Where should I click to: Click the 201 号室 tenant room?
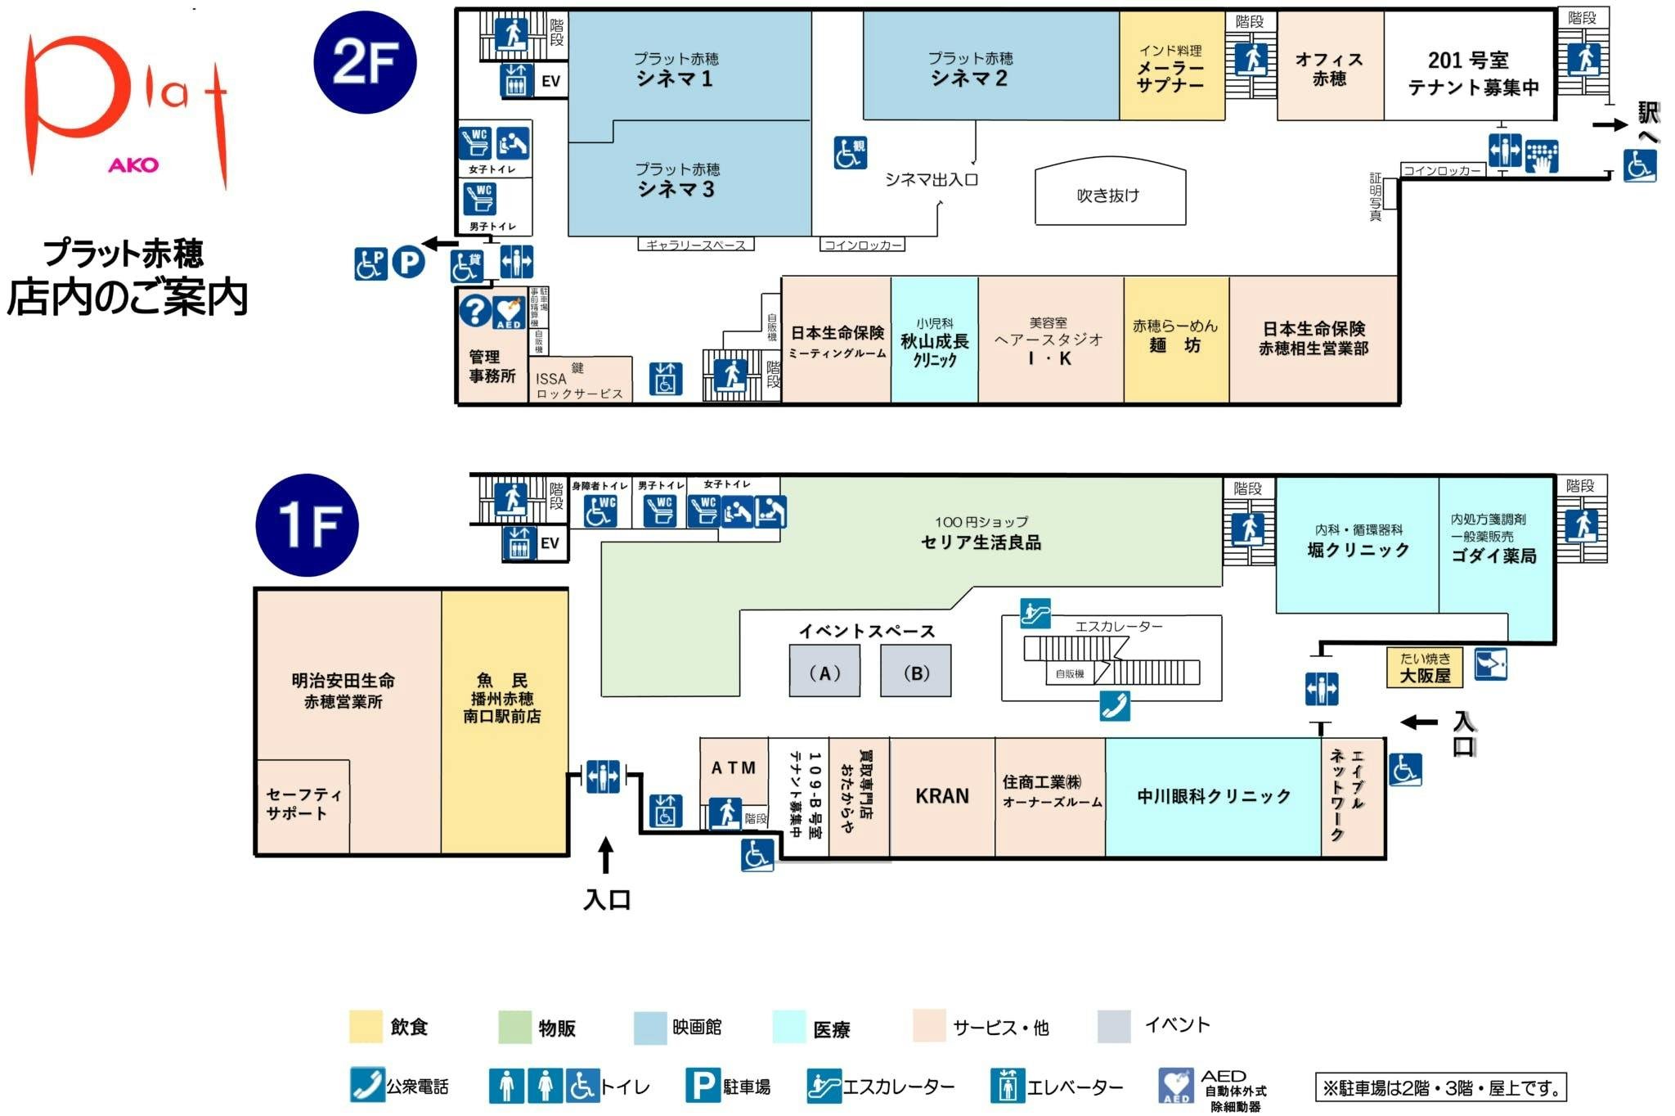[x=1469, y=72]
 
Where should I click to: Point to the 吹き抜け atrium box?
[x=1110, y=195]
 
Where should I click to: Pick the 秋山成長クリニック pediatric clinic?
[x=934, y=341]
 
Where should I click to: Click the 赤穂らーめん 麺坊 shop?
[x=1175, y=336]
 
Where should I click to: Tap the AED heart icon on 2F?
[x=509, y=313]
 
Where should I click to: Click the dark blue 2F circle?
[x=365, y=62]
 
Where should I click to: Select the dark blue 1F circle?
[x=307, y=524]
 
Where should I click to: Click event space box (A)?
[x=824, y=672]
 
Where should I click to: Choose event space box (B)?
[x=916, y=672]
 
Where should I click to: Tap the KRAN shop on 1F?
[x=941, y=796]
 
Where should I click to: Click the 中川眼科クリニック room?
[x=1213, y=796]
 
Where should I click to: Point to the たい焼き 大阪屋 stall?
[x=1425, y=668]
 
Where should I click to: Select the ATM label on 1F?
[x=734, y=768]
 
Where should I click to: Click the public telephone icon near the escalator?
[x=1114, y=705]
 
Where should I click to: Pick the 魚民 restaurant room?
[x=503, y=698]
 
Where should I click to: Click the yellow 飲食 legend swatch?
[x=366, y=1027]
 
